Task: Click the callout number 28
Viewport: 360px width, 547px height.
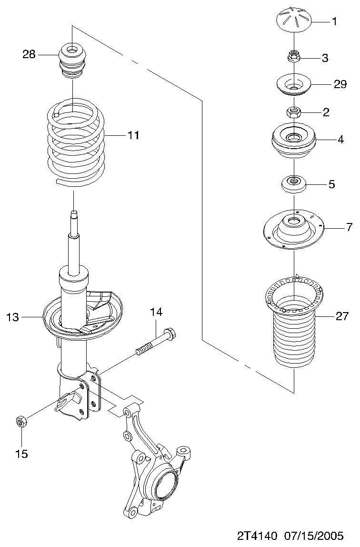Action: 29,54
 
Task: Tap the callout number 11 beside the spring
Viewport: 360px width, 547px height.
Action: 133,135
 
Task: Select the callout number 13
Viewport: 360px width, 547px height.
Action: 12,317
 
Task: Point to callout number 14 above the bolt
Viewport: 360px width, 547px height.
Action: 156,312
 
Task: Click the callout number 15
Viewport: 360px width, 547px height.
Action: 21,454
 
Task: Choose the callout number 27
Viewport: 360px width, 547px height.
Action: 342,316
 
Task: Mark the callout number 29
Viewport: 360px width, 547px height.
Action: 340,84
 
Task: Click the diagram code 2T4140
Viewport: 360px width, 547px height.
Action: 257,535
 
